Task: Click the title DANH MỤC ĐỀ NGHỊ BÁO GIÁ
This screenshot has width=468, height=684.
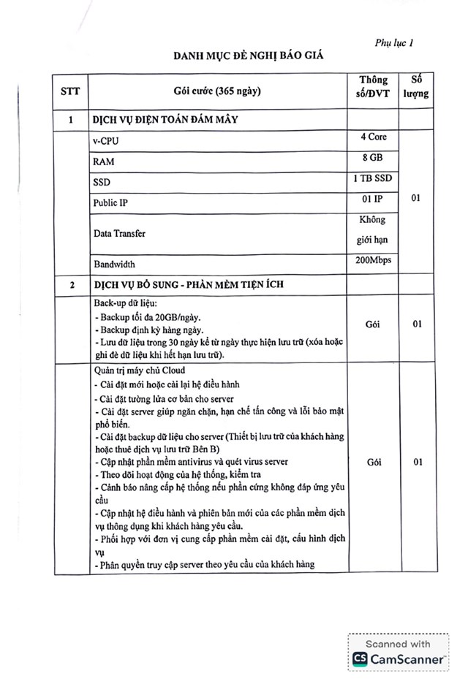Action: pyautogui.click(x=247, y=55)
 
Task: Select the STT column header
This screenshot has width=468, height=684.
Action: pyautogui.click(x=70, y=91)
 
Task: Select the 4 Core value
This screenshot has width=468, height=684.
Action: pyautogui.click(x=373, y=137)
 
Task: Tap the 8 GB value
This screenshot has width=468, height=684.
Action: pyautogui.click(x=373, y=157)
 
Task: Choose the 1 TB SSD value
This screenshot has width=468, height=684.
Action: pyautogui.click(x=373, y=178)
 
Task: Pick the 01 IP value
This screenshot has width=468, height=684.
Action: pyautogui.click(x=373, y=199)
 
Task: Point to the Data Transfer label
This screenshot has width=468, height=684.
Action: pyautogui.click(x=118, y=233)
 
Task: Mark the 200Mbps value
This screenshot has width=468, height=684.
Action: pyautogui.click(x=373, y=260)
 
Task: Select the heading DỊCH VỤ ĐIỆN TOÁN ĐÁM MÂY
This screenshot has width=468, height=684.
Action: pyautogui.click(x=174, y=118)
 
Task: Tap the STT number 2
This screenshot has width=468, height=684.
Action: pyautogui.click(x=71, y=285)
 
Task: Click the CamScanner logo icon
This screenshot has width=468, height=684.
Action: pyautogui.click(x=360, y=658)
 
